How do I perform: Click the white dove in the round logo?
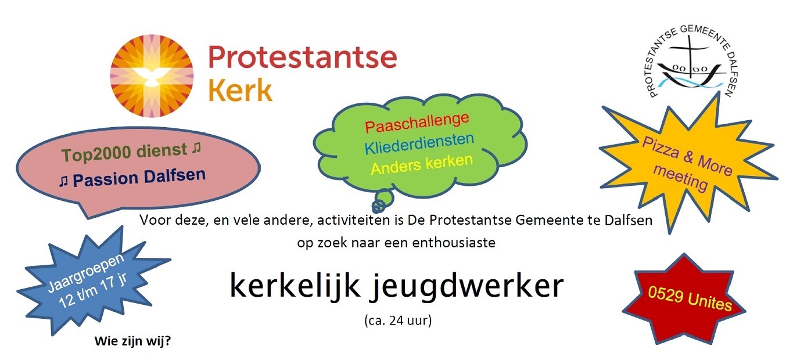pos(152,78)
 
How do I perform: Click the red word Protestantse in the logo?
pos(303,57)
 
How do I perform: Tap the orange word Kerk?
pos(241,90)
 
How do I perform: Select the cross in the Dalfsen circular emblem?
pos(689,59)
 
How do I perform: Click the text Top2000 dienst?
pos(124,152)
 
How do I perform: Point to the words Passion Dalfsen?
pos(139,177)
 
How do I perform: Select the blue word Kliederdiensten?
pos(419,144)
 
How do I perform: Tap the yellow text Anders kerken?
pos(422,164)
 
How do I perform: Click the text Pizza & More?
pos(687,156)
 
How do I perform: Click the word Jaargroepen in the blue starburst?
pos(85,272)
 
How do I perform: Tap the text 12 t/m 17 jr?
pos(93,291)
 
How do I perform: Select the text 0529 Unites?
pos(690,298)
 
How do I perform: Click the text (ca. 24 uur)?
pos(398,321)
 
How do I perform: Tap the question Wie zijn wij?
pos(132,341)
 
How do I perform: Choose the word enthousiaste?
pos(454,243)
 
